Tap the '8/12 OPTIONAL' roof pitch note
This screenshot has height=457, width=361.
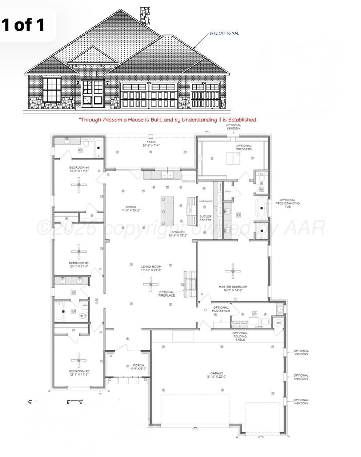[x=224, y=33]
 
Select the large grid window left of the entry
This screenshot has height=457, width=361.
[x=52, y=89]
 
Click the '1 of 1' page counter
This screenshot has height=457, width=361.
[x=24, y=25]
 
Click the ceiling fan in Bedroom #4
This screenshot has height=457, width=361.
[x=79, y=186]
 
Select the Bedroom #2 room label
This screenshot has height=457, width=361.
[x=79, y=372]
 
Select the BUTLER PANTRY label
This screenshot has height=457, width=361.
[x=205, y=218]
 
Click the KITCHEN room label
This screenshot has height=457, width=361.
[x=178, y=234]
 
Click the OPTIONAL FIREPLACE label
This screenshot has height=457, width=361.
[x=167, y=294]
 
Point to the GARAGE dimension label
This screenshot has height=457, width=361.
[x=217, y=375]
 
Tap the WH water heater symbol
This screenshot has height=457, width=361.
[x=278, y=323]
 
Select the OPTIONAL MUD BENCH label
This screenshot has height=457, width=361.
[x=221, y=309]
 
